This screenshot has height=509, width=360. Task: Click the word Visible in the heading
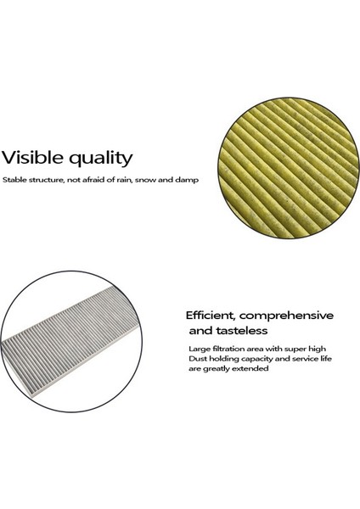(x=32, y=158)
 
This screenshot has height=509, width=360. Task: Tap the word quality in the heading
(x=100, y=159)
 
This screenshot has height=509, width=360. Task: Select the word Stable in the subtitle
(x=14, y=180)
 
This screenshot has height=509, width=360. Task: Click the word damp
(x=187, y=181)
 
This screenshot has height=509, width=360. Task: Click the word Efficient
(x=211, y=316)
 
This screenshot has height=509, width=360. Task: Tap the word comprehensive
(x=286, y=316)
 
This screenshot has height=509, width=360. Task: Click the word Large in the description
(x=200, y=350)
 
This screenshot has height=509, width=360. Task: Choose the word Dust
(x=198, y=359)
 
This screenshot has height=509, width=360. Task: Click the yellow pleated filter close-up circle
(x=289, y=168)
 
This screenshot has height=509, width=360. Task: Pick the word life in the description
(x=324, y=359)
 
